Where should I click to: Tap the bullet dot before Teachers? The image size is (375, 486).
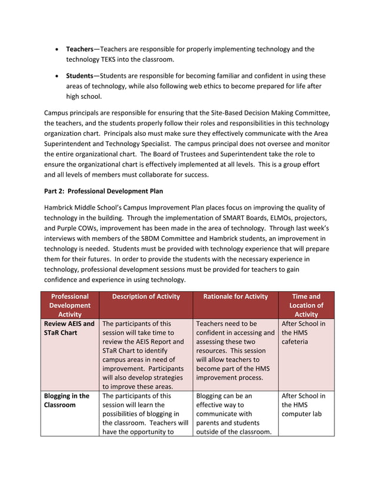[56, 49]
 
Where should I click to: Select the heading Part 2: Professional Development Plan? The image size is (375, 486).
[103, 191]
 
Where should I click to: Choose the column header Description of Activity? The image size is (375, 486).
[146, 297]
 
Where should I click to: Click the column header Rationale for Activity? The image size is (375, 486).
[235, 297]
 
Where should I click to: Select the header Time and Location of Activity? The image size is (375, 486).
[306, 305]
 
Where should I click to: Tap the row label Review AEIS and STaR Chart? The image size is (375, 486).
[69, 328]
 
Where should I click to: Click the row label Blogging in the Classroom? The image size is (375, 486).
[66, 401]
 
